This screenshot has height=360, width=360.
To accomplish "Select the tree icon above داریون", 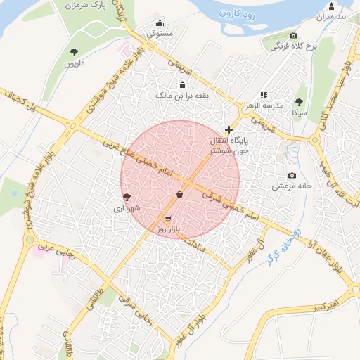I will pyautogui.click(x=74, y=51).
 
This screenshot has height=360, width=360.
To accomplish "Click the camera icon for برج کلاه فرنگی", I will pyautogui.click(x=293, y=36).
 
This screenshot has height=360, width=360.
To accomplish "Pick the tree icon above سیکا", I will pyautogui.click(x=299, y=102).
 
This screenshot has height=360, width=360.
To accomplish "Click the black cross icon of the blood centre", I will pyautogui.click(x=228, y=129).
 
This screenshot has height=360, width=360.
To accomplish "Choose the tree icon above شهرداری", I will pyautogui.click(x=127, y=198).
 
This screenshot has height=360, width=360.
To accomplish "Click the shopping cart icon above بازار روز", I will pyautogui.click(x=167, y=219).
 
